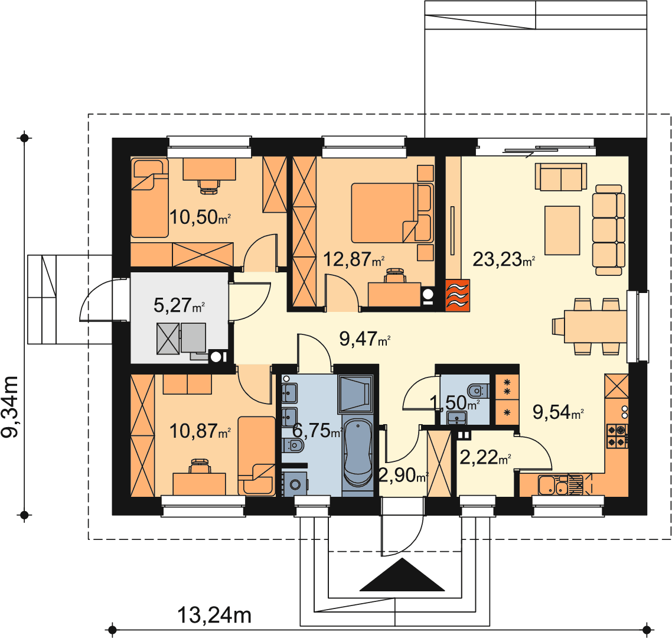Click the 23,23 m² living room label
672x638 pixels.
pyautogui.click(x=504, y=259)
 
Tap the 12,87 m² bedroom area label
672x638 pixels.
pyautogui.click(x=353, y=259)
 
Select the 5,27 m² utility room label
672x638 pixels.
pyautogui.click(x=179, y=305)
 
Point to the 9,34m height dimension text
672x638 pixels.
pyautogui.click(x=10, y=406)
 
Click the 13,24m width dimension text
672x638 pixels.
pyautogui.click(x=214, y=616)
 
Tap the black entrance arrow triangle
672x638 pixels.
pyautogui.click(x=402, y=575)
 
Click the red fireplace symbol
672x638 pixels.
pyautogui.click(x=458, y=295)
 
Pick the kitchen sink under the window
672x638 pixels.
pyautogui.click(x=553, y=486)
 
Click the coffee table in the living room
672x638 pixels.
pyautogui.click(x=562, y=230)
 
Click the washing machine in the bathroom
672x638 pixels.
pyautogui.click(x=295, y=484)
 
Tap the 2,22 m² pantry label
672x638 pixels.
pyautogui.click(x=485, y=457)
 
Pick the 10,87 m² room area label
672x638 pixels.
pyautogui.click(x=200, y=431)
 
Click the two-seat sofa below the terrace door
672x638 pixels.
pyautogui.click(x=560, y=176)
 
